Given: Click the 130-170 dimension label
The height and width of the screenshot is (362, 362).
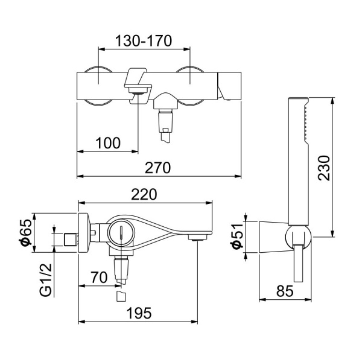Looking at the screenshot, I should [144, 40].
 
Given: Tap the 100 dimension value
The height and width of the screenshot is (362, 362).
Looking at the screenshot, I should [108, 143].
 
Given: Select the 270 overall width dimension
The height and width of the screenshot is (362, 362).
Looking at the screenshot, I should [159, 168].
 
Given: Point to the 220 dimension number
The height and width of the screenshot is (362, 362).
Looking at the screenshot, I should [145, 195].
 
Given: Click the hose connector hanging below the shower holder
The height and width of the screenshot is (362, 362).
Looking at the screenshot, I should [298, 265].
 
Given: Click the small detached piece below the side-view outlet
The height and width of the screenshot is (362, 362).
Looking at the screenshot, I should [121, 297].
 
